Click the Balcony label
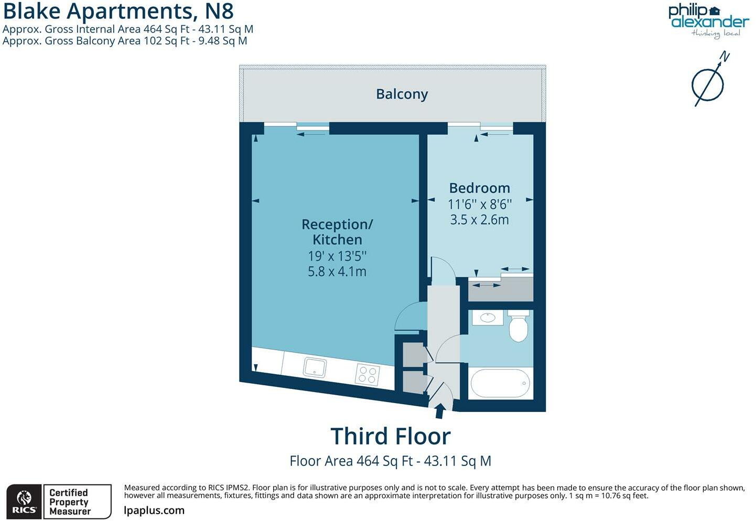point(402,94)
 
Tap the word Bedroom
point(479,188)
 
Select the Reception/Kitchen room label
point(337,232)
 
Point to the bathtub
point(500,384)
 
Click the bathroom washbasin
point(488,318)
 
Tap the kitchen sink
point(315,367)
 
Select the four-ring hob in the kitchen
point(367,375)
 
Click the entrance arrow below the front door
point(440,410)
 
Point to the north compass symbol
point(709,81)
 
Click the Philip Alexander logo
point(708,21)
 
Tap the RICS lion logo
point(24,502)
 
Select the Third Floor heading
point(391,436)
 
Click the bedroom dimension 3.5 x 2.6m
point(479,220)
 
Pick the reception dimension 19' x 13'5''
point(337,256)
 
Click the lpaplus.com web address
point(154,511)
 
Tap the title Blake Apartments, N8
point(118,11)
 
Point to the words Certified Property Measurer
point(70,502)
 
